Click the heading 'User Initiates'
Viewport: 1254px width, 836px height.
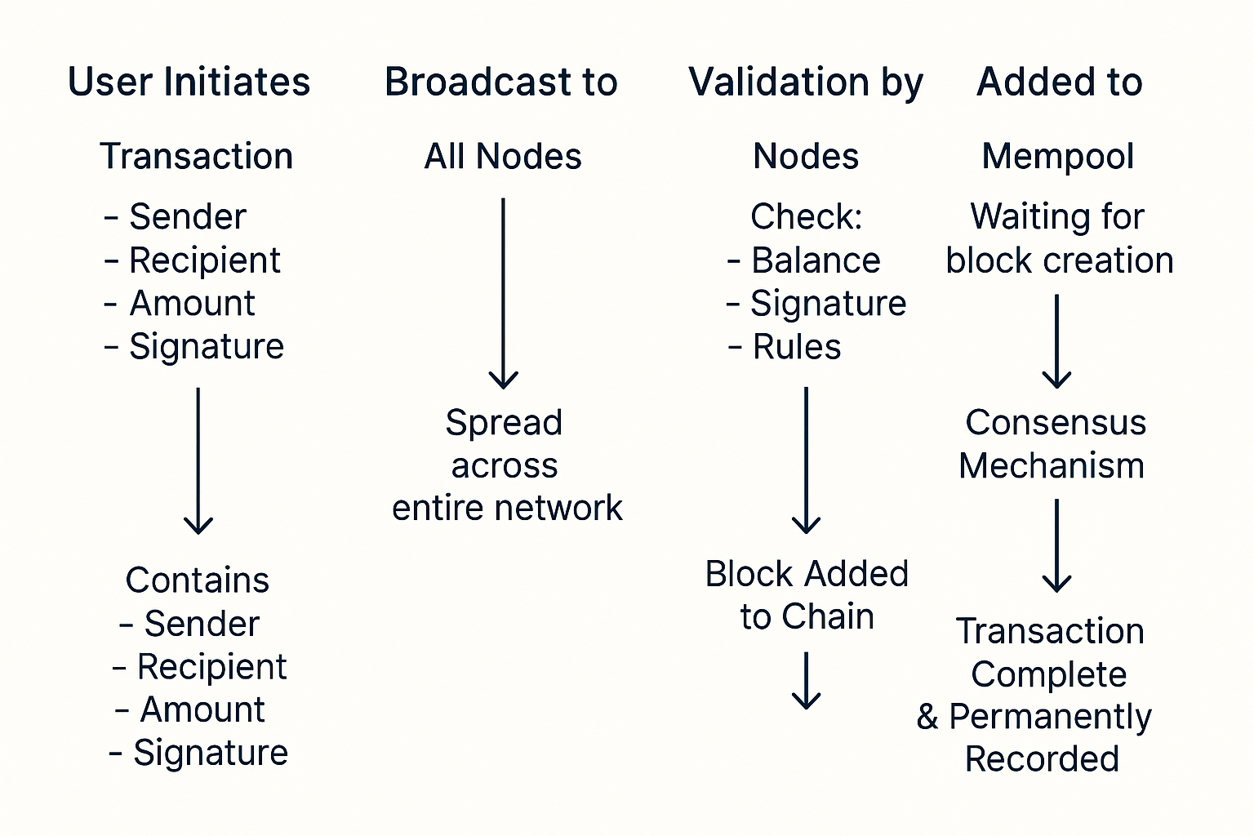click(x=189, y=82)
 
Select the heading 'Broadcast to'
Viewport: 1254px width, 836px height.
click(x=500, y=82)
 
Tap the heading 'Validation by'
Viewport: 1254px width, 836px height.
click(x=806, y=82)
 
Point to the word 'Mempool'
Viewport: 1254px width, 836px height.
click(x=1058, y=156)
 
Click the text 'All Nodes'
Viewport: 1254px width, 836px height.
click(x=503, y=156)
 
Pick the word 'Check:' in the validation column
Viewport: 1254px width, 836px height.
click(x=806, y=217)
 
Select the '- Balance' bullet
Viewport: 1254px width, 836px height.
click(x=804, y=260)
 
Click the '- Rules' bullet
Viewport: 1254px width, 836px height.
click(x=785, y=347)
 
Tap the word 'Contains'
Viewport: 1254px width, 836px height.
click(x=198, y=580)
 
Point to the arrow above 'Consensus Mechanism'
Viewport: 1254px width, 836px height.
click(x=1057, y=341)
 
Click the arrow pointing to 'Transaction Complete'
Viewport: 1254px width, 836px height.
click(x=1057, y=545)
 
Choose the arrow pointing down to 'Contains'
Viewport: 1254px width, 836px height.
click(x=198, y=460)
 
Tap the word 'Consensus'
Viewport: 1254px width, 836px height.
click(x=1056, y=423)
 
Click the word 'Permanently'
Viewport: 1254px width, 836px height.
click(x=1050, y=717)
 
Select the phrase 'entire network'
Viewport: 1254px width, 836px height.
click(x=507, y=508)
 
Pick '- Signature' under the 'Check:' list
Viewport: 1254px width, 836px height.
click(x=816, y=304)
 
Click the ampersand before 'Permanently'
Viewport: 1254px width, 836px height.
click(x=927, y=717)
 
